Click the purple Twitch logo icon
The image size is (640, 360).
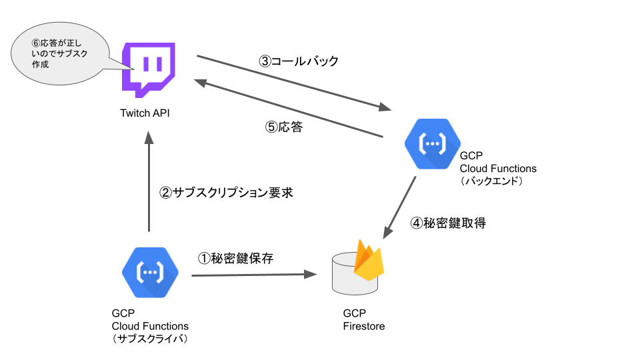[x=149, y=69]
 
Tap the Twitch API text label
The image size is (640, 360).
[x=145, y=113]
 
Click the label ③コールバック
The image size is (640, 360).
[x=299, y=61]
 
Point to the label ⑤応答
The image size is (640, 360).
[x=284, y=127]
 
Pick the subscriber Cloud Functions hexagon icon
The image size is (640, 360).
[x=149, y=271]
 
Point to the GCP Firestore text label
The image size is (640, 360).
[x=363, y=320]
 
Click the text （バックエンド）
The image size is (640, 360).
[x=494, y=181]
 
